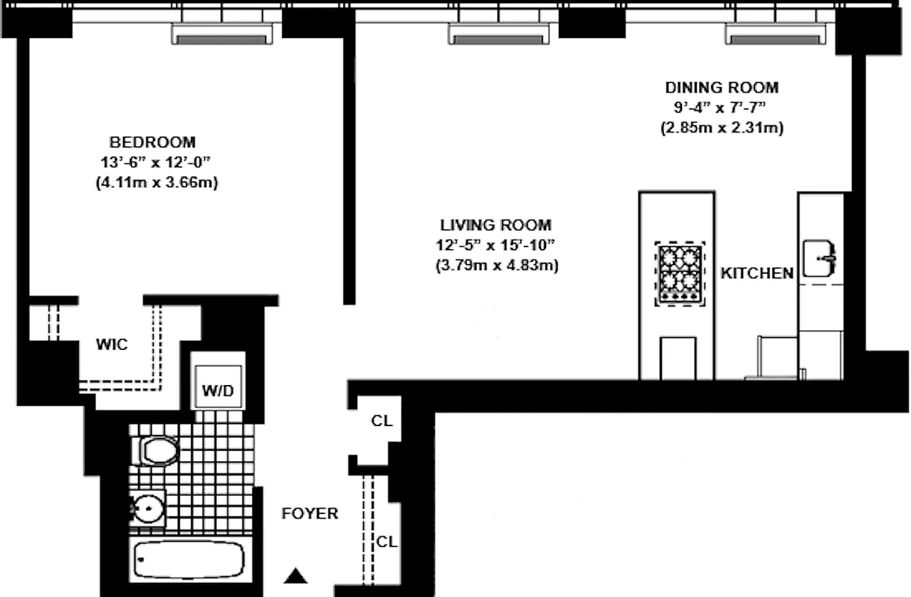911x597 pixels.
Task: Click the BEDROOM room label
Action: (x=152, y=142)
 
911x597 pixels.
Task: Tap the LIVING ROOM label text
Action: (x=495, y=225)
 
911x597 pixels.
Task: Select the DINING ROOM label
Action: (x=721, y=87)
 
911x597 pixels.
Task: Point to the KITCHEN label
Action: (x=757, y=274)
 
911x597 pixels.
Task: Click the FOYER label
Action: (x=309, y=513)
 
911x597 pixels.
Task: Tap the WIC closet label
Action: (x=111, y=345)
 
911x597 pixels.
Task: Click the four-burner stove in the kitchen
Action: (x=679, y=274)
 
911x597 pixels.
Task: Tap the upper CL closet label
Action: (x=381, y=421)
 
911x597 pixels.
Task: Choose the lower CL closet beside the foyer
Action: (x=386, y=543)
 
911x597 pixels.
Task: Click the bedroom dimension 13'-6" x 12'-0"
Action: (x=152, y=162)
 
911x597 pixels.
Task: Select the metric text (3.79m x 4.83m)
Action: (x=495, y=264)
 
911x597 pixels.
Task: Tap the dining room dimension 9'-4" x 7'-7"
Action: (x=721, y=107)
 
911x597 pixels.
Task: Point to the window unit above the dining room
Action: (x=777, y=34)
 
